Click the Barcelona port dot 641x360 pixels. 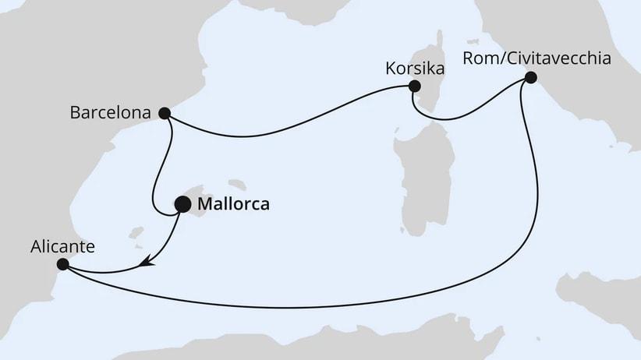point(165,113)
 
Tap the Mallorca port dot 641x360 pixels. point(182,205)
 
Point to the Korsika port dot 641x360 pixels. point(415,86)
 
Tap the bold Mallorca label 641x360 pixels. point(235,206)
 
